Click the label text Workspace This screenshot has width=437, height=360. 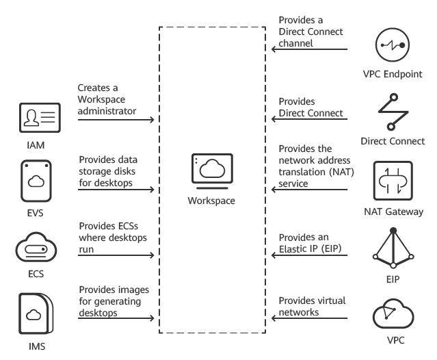point(211,201)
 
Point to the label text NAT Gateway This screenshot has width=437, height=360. point(394,212)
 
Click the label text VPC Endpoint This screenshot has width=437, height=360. point(394,74)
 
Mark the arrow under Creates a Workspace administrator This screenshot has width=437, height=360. point(116,119)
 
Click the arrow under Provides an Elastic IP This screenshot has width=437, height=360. point(314,256)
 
